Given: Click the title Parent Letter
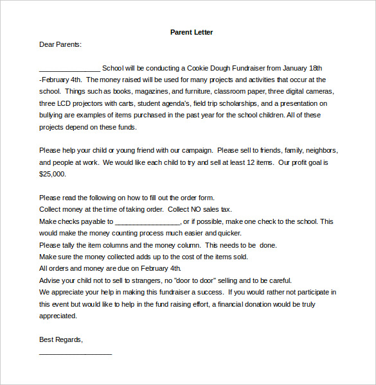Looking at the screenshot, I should (x=192, y=32).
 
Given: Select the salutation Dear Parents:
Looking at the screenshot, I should (x=60, y=44).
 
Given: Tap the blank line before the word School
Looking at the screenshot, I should (x=69, y=69).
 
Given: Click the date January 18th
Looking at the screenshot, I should (x=296, y=68).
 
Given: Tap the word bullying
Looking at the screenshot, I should (x=54, y=116).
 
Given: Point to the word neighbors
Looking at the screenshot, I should (x=320, y=151).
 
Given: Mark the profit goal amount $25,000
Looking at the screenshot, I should (x=52, y=174).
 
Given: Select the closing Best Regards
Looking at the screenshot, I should (x=60, y=339).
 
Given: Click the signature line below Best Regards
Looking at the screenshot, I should (x=75, y=352).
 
